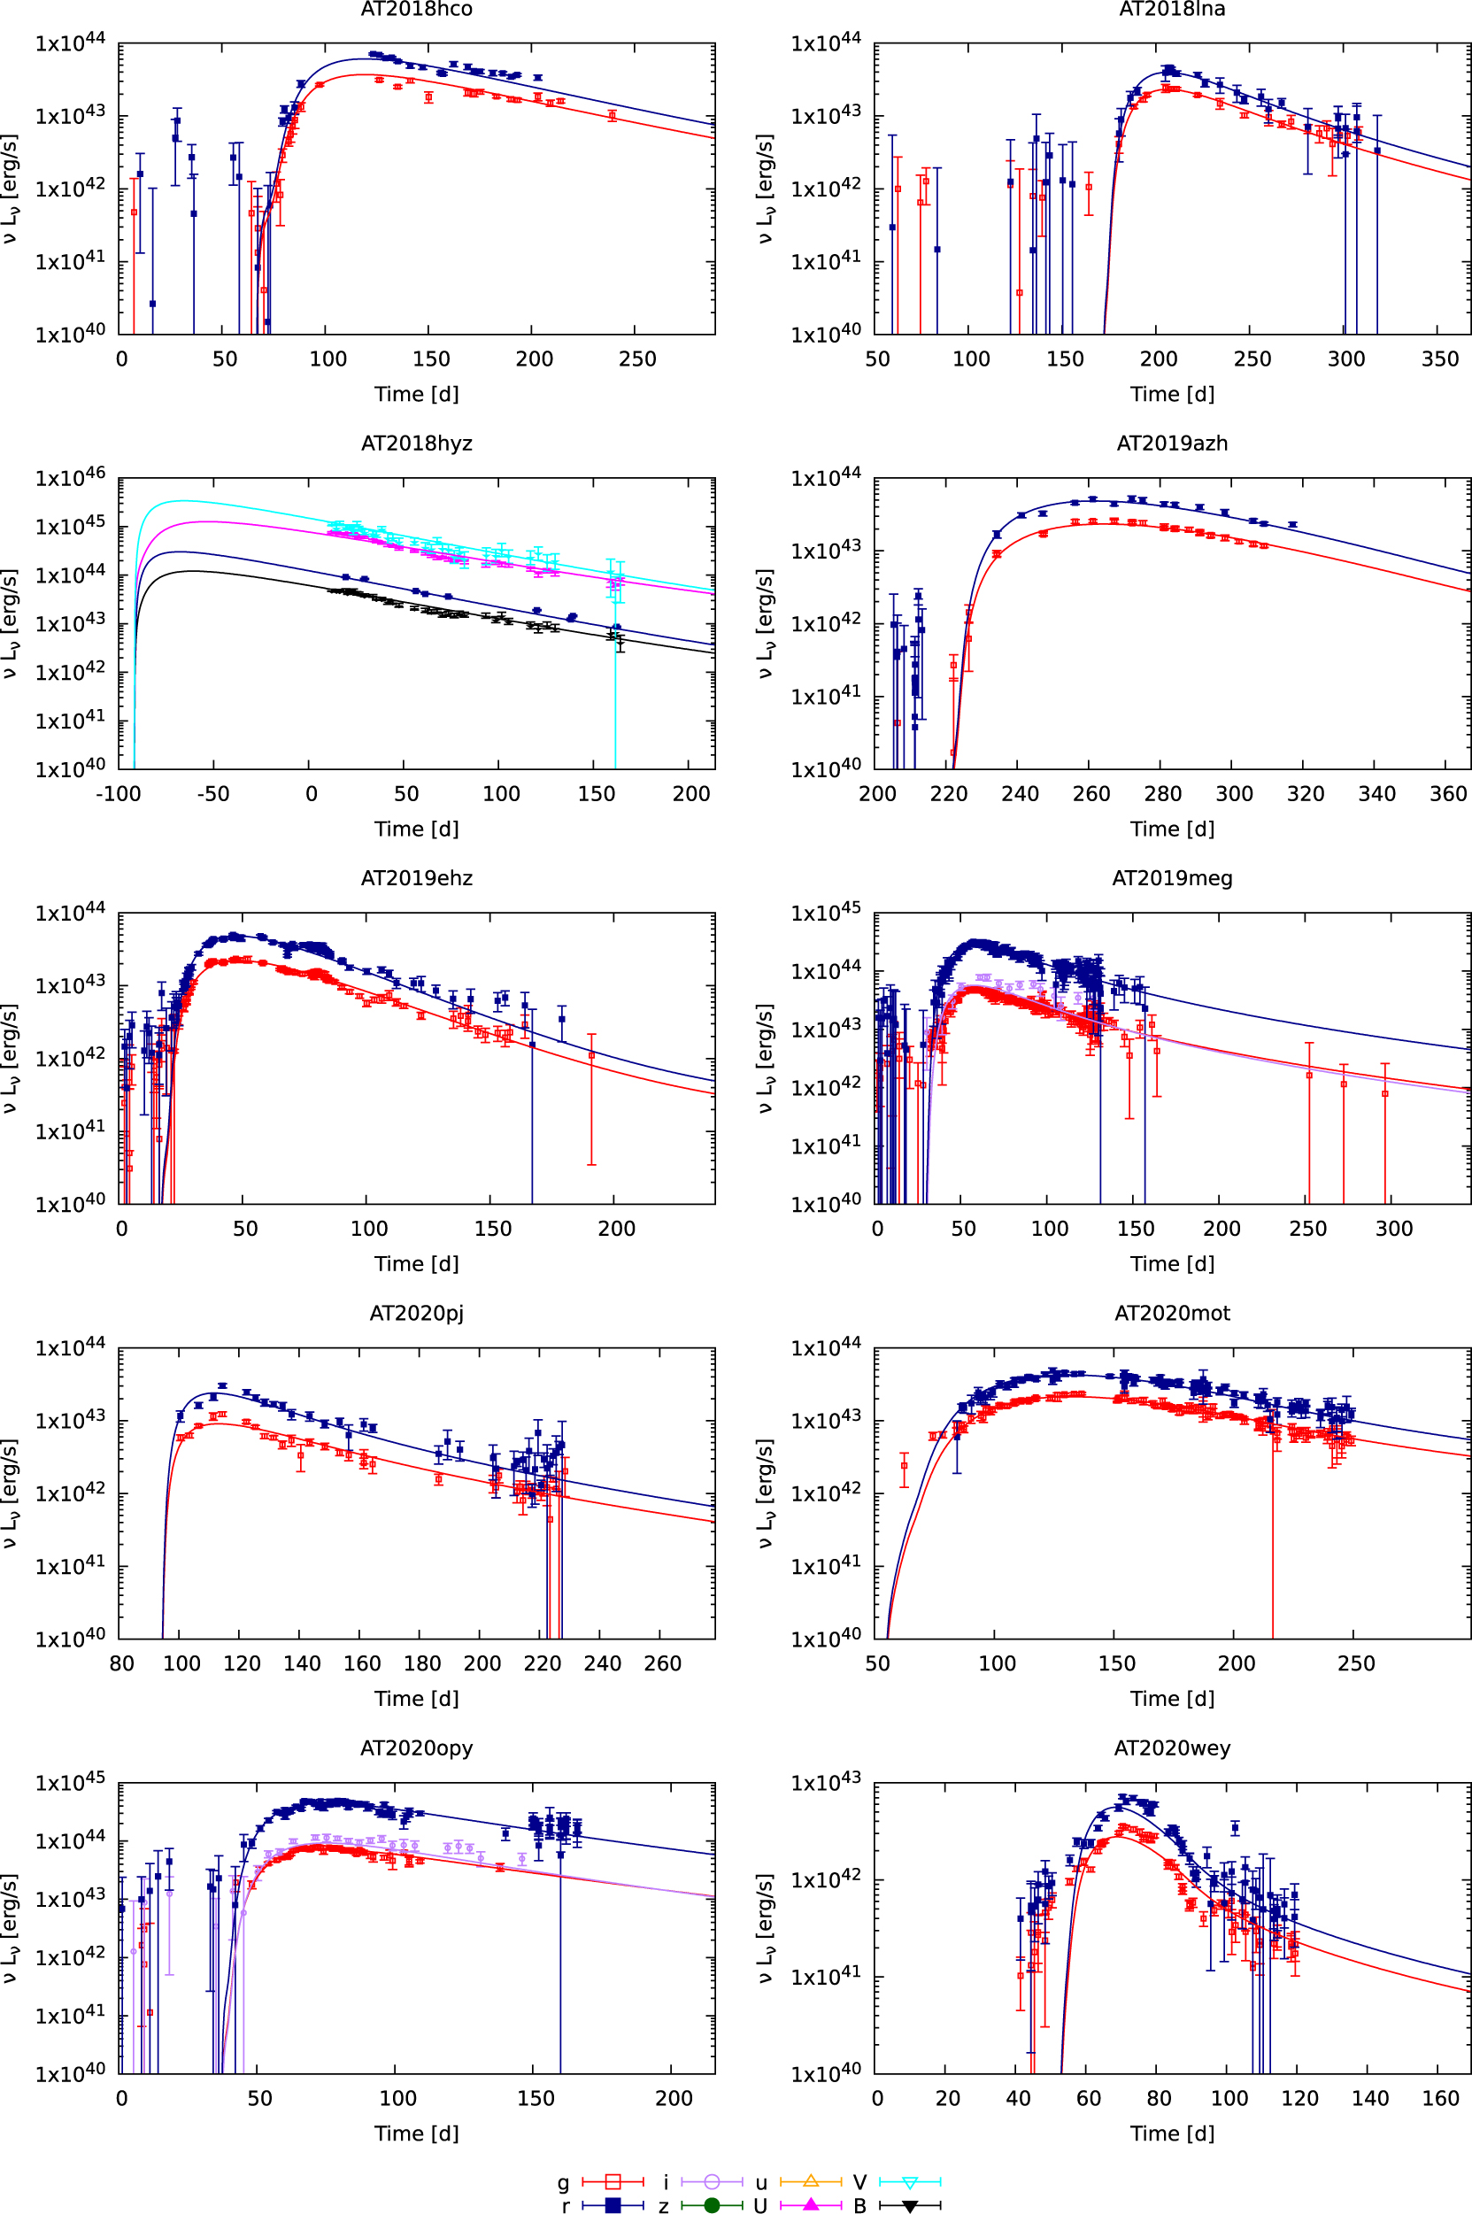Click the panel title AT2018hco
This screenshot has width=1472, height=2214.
[x=416, y=10]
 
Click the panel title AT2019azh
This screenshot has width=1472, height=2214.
[x=1172, y=444]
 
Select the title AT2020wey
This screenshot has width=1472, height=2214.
[x=1172, y=1747]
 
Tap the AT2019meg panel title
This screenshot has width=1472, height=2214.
[x=1172, y=878]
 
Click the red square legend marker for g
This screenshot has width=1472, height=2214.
[x=613, y=2180]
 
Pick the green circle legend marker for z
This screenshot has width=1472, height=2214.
[x=712, y=2204]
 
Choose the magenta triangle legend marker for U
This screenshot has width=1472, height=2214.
[x=811, y=2204]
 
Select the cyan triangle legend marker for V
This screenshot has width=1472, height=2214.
[x=910, y=2180]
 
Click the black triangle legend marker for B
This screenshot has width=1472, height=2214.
[x=910, y=2204]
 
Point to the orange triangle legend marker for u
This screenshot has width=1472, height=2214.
[x=811, y=2180]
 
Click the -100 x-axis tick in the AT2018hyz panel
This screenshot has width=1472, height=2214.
[x=118, y=794]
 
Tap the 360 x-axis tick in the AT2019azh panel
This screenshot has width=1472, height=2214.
[x=1447, y=794]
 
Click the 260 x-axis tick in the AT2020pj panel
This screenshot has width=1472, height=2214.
[x=662, y=1663]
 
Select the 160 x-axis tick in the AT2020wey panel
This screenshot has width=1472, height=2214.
[x=1440, y=2097]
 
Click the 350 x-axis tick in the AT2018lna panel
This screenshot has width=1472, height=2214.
[x=1440, y=359]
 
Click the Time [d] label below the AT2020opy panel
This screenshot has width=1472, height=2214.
[x=416, y=2133]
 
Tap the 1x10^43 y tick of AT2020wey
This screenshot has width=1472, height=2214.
[x=825, y=1782]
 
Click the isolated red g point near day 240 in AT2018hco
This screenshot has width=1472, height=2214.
[x=613, y=115]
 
